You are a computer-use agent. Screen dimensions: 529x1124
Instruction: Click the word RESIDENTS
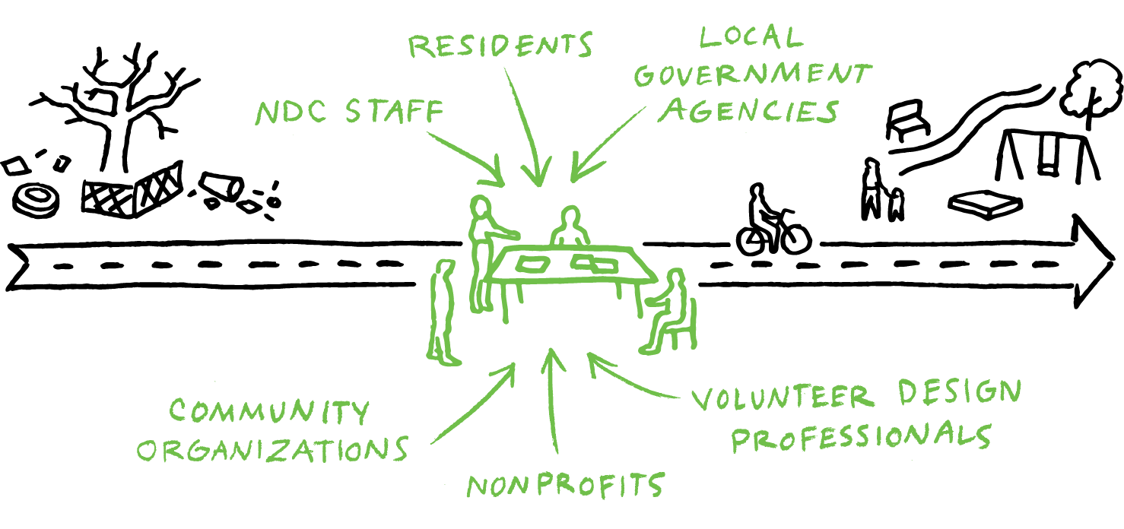pyautogui.click(x=500, y=46)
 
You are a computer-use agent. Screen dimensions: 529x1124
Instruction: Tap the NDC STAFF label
pyautogui.click(x=349, y=113)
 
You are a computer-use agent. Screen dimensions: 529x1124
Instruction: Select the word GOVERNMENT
pyautogui.click(x=753, y=75)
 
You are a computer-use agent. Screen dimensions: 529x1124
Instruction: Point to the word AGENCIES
pyautogui.click(x=748, y=111)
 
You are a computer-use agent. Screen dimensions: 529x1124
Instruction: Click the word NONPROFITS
pyautogui.click(x=566, y=486)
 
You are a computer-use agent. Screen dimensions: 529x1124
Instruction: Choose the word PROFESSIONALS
pyautogui.click(x=862, y=437)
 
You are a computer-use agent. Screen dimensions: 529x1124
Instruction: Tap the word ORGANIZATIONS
pyautogui.click(x=272, y=449)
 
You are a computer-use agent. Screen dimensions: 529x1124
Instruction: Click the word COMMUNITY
pyautogui.click(x=268, y=412)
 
